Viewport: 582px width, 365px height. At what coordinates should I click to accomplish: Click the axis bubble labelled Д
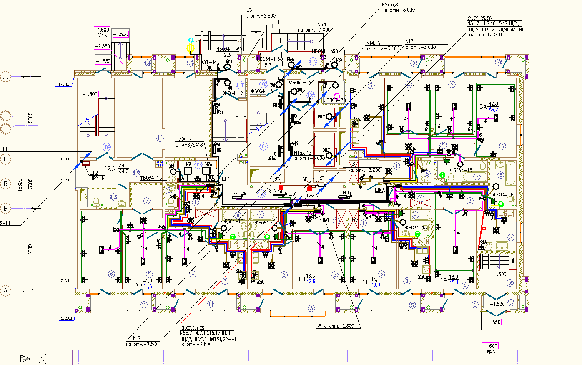click(x=5, y=76)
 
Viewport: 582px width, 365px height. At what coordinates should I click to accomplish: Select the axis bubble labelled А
click(x=5, y=291)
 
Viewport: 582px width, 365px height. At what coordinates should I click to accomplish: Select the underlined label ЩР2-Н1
click(x=97, y=178)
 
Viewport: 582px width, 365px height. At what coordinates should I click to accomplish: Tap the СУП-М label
click(x=209, y=62)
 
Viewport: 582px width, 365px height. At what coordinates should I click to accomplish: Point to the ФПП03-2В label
click(x=334, y=101)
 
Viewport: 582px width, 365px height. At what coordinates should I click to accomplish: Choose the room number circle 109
click(x=106, y=147)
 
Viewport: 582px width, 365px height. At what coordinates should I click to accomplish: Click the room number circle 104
click(x=263, y=146)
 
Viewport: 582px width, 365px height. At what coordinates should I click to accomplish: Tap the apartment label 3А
click(x=483, y=107)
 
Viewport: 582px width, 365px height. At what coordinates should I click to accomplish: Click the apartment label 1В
click(x=301, y=279)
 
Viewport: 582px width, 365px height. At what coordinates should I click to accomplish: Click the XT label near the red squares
click(x=321, y=179)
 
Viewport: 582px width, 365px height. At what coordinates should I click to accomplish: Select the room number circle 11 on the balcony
click(x=144, y=305)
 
